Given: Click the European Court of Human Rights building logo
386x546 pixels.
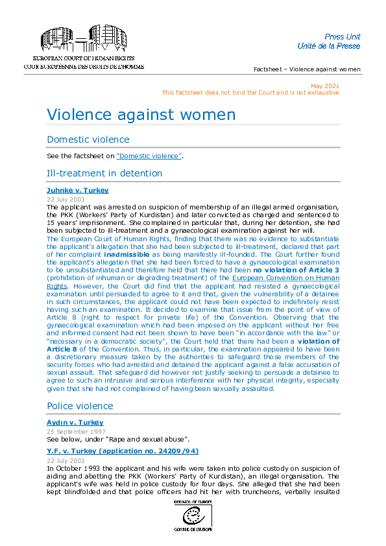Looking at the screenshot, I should (83, 40).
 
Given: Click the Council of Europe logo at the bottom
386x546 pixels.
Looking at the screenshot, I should (193, 516).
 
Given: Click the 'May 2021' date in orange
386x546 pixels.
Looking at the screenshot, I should (324, 86).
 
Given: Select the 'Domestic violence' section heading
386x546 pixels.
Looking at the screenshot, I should (88, 139).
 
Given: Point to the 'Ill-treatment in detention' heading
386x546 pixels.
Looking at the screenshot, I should (104, 173).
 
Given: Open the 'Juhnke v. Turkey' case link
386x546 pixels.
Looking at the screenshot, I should (77, 190).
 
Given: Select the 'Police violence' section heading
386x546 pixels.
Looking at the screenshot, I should (80, 406).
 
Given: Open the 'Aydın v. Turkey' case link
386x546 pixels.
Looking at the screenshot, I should (75, 423).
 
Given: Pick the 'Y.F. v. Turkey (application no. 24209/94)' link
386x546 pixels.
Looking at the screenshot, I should (123, 450).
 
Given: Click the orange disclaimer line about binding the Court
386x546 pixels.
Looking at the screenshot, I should (250, 93).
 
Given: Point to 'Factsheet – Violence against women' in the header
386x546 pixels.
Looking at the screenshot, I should (307, 69).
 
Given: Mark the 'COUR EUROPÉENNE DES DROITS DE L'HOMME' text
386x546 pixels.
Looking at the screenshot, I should (84, 67).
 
